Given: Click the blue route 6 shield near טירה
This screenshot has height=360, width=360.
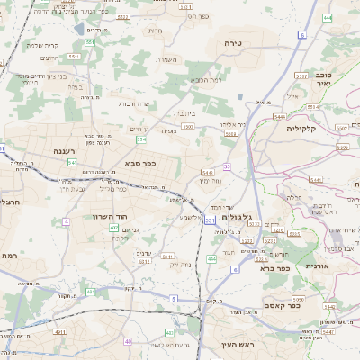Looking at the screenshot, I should (301, 35).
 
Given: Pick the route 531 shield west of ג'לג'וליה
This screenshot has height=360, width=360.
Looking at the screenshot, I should (210, 220).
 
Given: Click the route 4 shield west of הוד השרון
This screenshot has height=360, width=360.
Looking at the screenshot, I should (66, 220).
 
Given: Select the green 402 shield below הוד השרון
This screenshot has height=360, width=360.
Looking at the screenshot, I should (114, 229).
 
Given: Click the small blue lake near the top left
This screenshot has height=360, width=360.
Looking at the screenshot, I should (80, 30).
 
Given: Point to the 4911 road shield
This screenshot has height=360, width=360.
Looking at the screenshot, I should (60, 333).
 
